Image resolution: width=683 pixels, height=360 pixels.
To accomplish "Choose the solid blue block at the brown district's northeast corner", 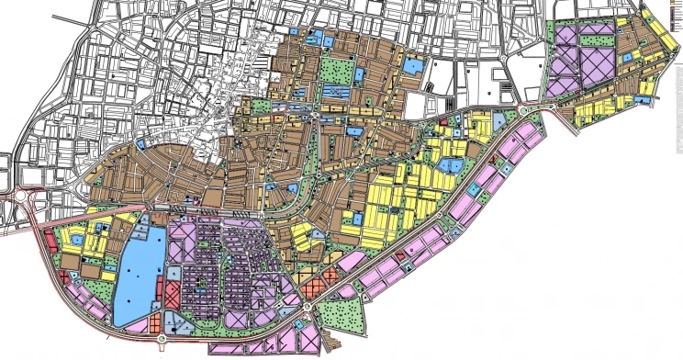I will (x=413, y=66).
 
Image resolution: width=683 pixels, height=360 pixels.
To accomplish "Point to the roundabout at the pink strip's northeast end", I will (x=524, y=112).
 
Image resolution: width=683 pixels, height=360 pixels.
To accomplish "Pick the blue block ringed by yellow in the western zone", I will (x=78, y=241).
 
